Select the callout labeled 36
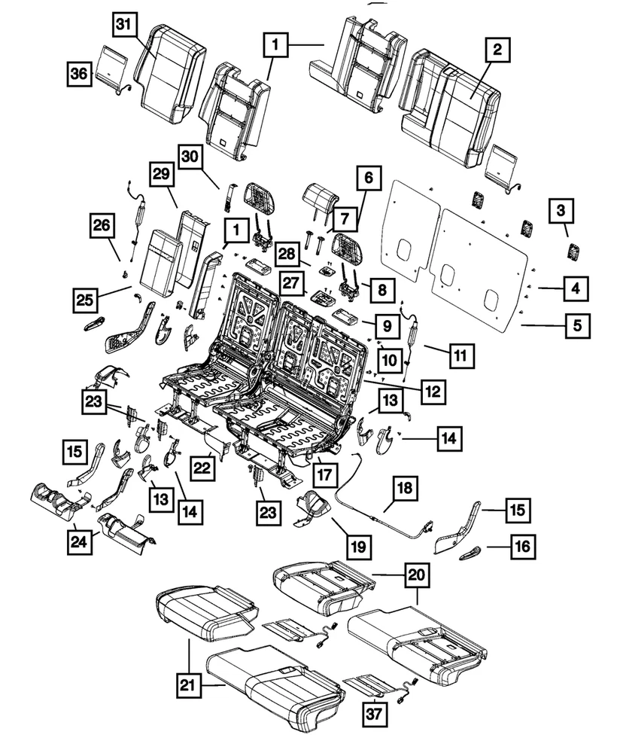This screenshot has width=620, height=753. [77, 75]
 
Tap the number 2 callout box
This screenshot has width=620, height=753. [497, 50]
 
